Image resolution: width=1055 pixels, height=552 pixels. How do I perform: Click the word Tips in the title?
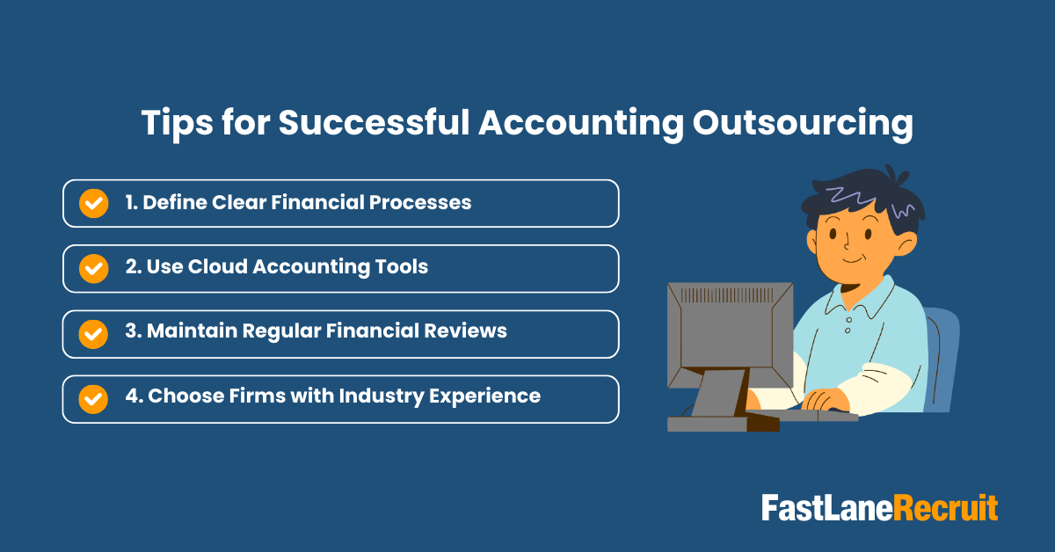coord(178,125)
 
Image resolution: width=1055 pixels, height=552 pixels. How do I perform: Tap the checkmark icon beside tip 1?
coord(93,203)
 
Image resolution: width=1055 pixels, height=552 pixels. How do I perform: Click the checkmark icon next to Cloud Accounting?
coord(93,268)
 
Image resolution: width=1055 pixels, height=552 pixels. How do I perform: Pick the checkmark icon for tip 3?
coord(93,333)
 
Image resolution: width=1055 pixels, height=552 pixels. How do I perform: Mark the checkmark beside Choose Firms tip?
coord(93,398)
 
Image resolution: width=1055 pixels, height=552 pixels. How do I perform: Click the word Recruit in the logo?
coord(946,509)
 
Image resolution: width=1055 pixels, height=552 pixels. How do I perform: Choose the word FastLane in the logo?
coord(826,509)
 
